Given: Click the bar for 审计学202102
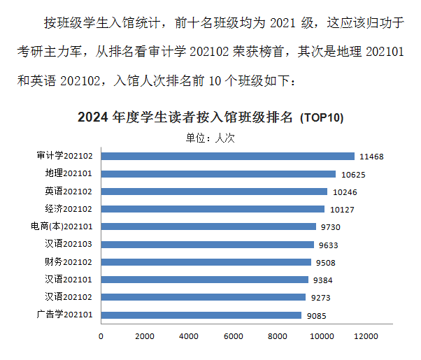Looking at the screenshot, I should coord(228,156).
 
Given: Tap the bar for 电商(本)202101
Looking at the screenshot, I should coord(209,226).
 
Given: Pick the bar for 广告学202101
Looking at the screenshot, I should coord(202,315).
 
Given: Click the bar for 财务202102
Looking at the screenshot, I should coord(207,262).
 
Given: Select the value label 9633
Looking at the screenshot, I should coord(329,245).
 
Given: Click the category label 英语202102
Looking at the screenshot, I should coord(69,192).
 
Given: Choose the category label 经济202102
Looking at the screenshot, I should coord(69,209).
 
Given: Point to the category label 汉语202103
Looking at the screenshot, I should coord(69,245).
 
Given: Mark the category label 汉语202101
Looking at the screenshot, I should coord(69,280).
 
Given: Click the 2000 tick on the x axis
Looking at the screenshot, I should coord(145,336).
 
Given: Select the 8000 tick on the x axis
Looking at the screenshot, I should coord(278,336).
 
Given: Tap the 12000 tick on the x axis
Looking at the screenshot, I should coord(366,336).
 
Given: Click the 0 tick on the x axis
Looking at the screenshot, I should coord(101,336).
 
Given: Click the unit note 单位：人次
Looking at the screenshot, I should coord(210,138).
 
